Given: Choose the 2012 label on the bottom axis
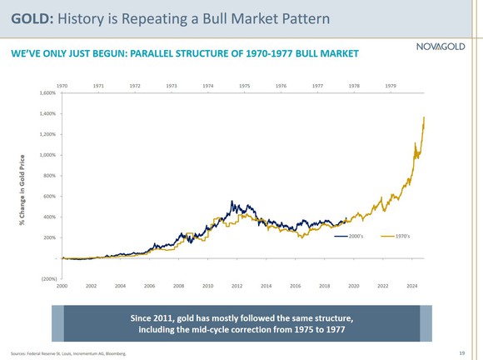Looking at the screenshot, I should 237,285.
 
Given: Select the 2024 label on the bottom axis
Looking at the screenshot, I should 411,285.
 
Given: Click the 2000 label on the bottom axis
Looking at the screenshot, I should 62,285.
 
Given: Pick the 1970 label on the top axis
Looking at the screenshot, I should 62,85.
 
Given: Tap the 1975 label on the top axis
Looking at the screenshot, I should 245,85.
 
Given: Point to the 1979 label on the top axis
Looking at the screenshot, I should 391,85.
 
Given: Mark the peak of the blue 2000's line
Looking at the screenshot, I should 231,202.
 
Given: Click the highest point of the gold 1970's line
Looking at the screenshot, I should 424,117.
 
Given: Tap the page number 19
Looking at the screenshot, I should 461,353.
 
